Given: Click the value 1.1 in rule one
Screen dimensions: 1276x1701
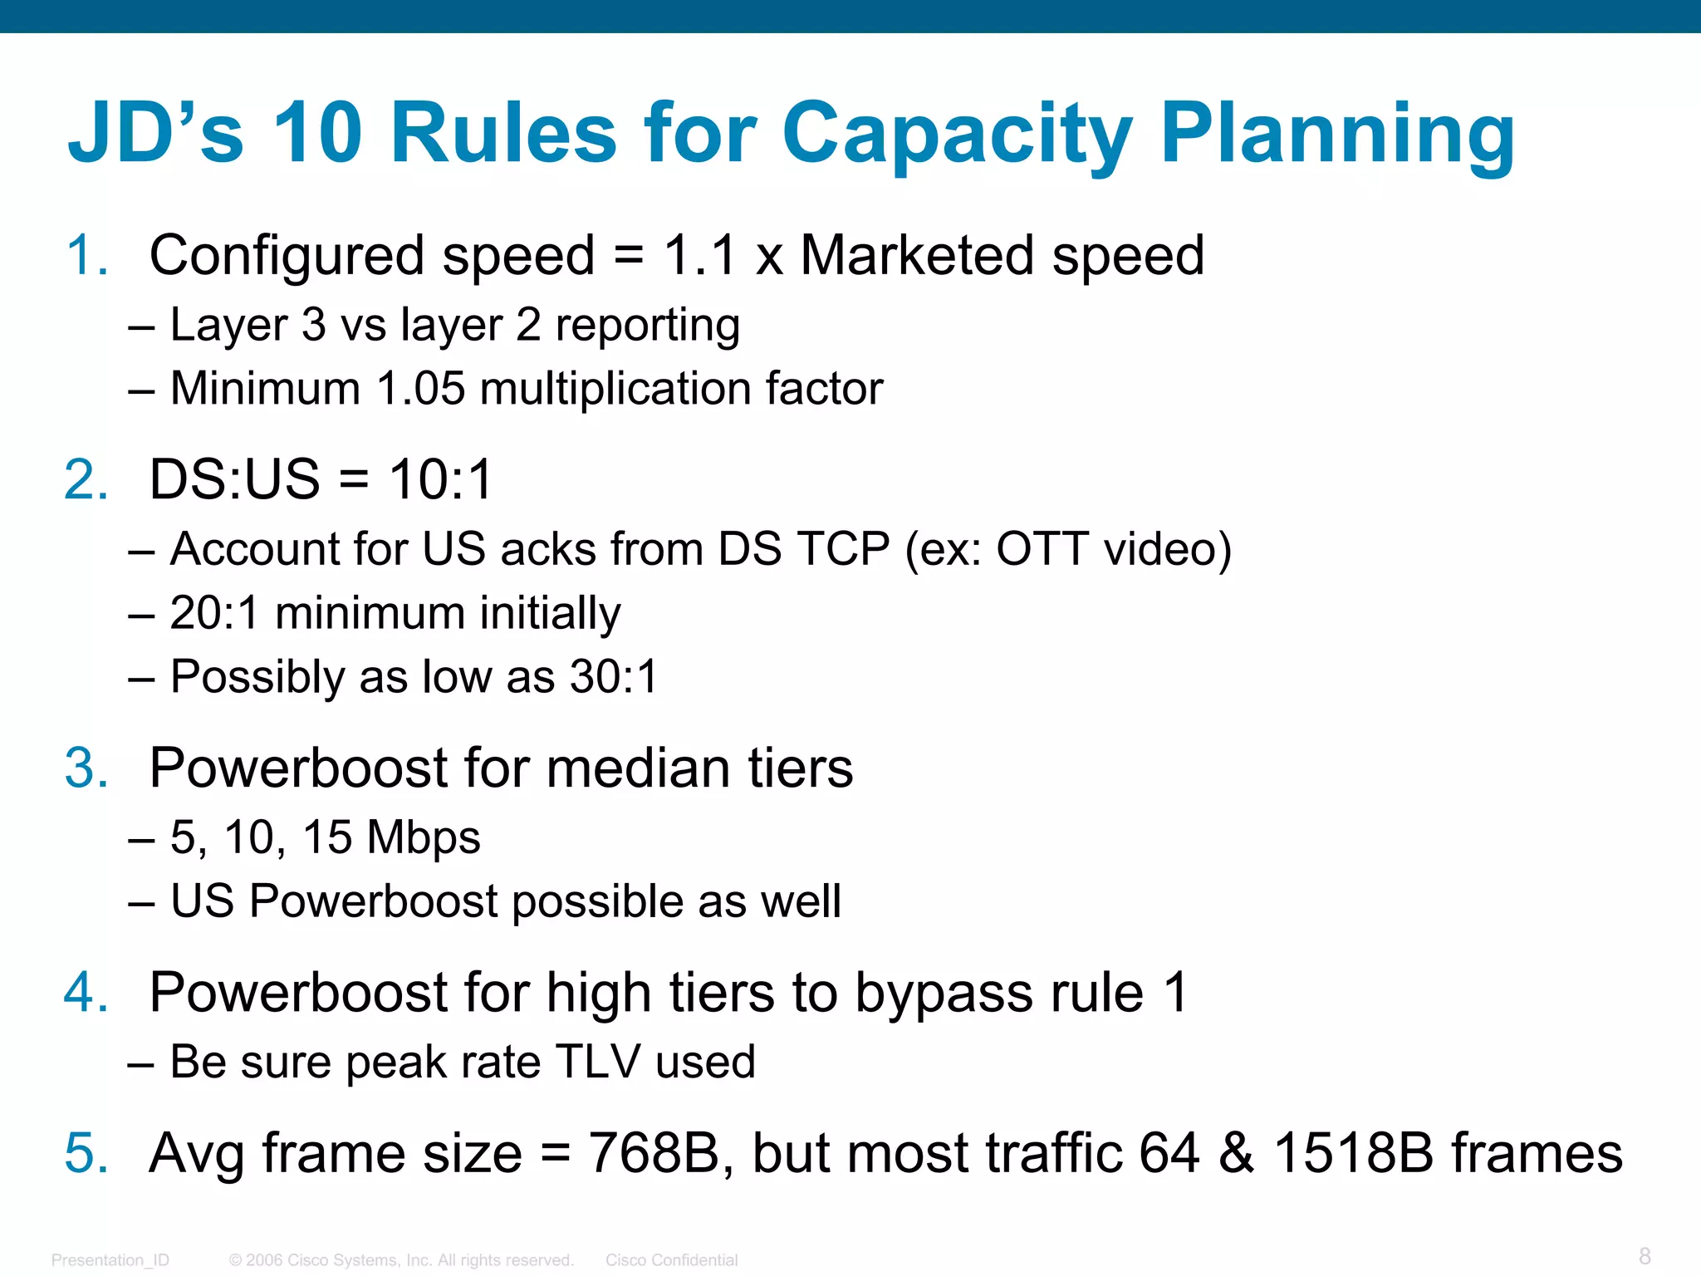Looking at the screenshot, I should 700,255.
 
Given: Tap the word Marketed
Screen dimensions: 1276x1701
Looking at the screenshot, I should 918,255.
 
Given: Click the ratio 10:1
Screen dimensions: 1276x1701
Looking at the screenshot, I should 441,479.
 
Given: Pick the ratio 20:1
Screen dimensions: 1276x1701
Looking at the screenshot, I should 215,613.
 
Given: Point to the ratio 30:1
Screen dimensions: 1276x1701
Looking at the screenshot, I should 614,677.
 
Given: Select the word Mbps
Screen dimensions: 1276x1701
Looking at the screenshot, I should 424,837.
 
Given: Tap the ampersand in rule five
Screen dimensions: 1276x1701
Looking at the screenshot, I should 1237,1153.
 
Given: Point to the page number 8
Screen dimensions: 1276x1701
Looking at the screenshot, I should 1645,1255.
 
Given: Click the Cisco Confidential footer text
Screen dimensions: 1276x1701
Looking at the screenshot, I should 671,1260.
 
